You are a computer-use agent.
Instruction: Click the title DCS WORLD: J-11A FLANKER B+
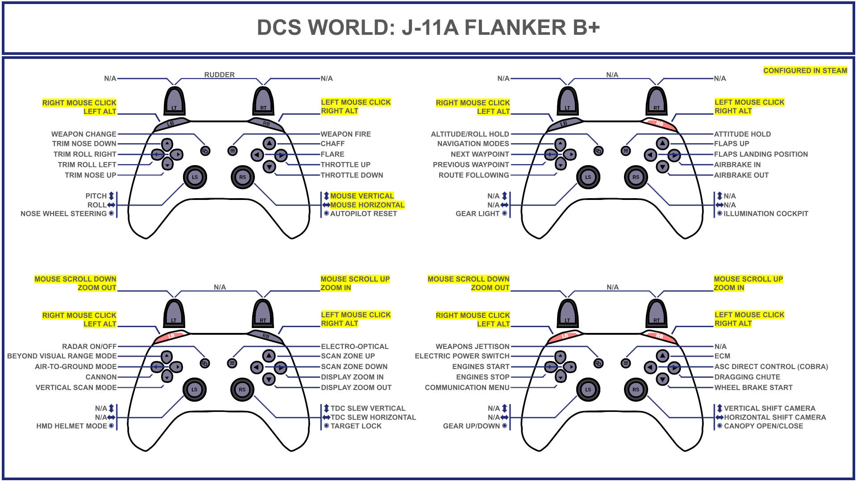pyautogui.click(x=428, y=28)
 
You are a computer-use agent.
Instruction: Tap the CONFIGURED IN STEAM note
pyautogui.click(x=805, y=71)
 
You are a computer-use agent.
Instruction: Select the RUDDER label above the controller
pyautogui.click(x=219, y=75)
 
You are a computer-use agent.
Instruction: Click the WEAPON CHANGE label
pyautogui.click(x=83, y=134)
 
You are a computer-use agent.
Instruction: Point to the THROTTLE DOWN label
pyautogui.click(x=352, y=175)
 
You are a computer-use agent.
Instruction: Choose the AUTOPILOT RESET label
pyautogui.click(x=363, y=214)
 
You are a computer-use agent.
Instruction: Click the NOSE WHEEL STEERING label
pyautogui.click(x=64, y=214)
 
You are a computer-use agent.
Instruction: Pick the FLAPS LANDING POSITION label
pyautogui.click(x=761, y=154)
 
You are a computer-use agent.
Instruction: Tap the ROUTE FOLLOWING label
pyautogui.click(x=474, y=175)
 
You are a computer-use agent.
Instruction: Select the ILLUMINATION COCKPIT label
pyautogui.click(x=765, y=214)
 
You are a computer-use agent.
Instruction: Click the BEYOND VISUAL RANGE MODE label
pyautogui.click(x=62, y=356)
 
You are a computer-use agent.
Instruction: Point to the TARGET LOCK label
pyautogui.click(x=356, y=426)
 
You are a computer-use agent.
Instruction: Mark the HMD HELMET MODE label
pyautogui.click(x=72, y=426)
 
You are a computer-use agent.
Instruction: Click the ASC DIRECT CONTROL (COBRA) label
pyautogui.click(x=771, y=366)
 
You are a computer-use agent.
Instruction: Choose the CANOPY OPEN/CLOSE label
pyautogui.click(x=763, y=426)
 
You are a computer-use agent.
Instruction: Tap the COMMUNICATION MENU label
pyautogui.click(x=467, y=387)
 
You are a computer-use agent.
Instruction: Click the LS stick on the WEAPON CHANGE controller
pyautogui.click(x=195, y=177)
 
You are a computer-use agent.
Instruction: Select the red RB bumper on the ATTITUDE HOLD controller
pyautogui.click(x=659, y=124)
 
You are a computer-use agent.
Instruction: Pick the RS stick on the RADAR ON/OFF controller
pyautogui.click(x=242, y=389)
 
